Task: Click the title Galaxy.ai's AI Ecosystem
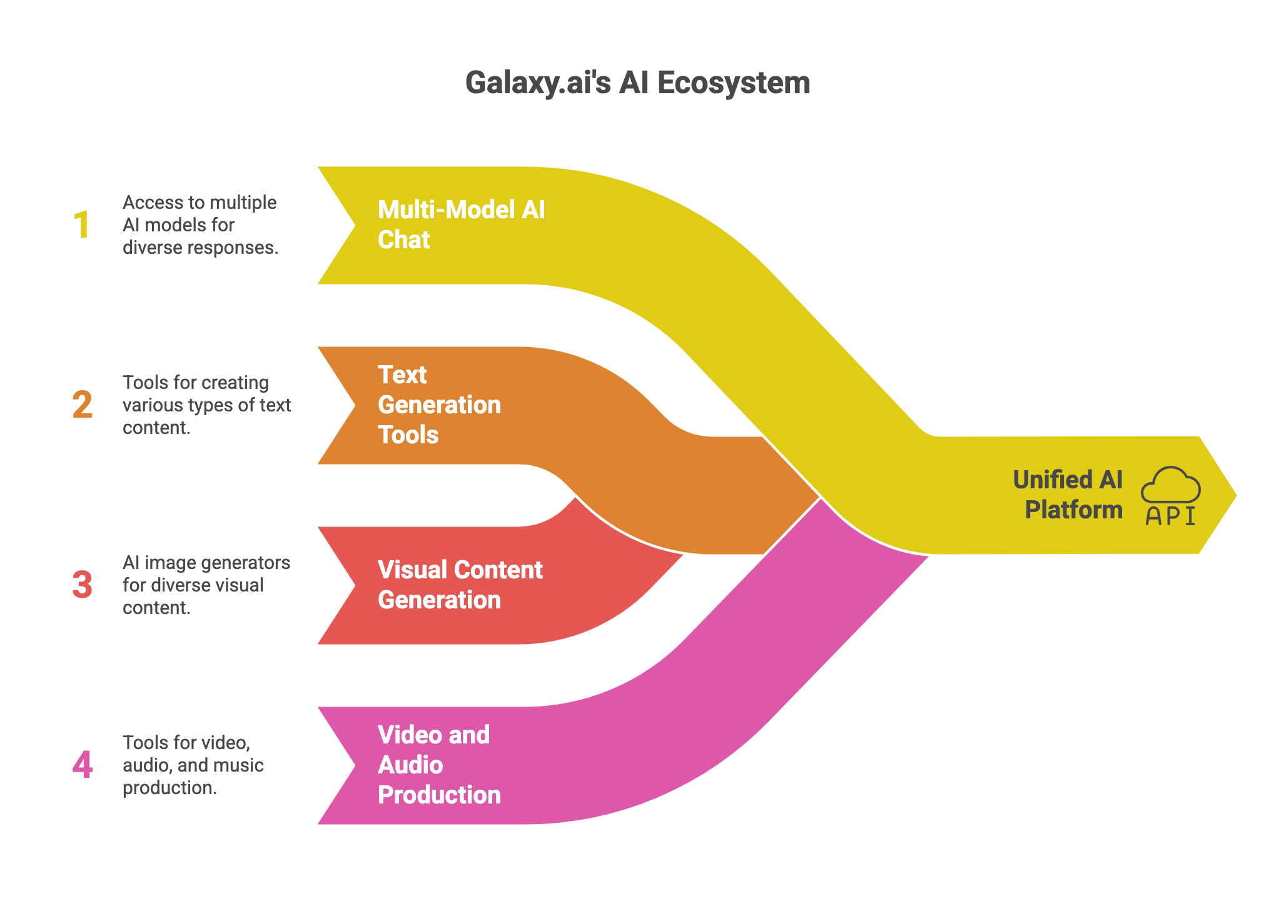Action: point(637,83)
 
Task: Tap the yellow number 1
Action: point(82,225)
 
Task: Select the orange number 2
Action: point(82,405)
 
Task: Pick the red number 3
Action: point(82,585)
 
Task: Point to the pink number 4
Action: point(82,765)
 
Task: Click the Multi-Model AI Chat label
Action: point(461,224)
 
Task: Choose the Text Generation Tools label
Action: point(439,405)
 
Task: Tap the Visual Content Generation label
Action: point(460,585)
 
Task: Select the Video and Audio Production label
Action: point(439,765)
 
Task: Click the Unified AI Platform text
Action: point(1067,495)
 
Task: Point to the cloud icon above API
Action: point(1170,485)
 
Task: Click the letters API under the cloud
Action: point(1170,516)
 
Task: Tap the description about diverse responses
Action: point(200,225)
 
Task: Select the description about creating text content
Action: point(206,405)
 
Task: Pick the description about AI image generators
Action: point(206,585)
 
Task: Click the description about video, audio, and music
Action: point(193,765)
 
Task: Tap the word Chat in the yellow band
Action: point(403,240)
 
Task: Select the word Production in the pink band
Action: point(439,795)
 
